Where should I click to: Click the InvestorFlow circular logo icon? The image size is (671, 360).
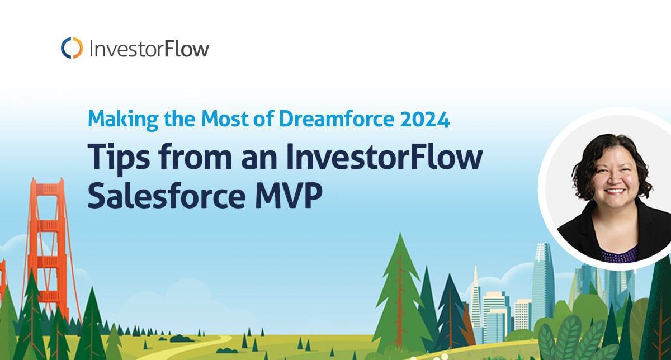point(72,48)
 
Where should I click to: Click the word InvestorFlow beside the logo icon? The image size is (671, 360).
point(149,49)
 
